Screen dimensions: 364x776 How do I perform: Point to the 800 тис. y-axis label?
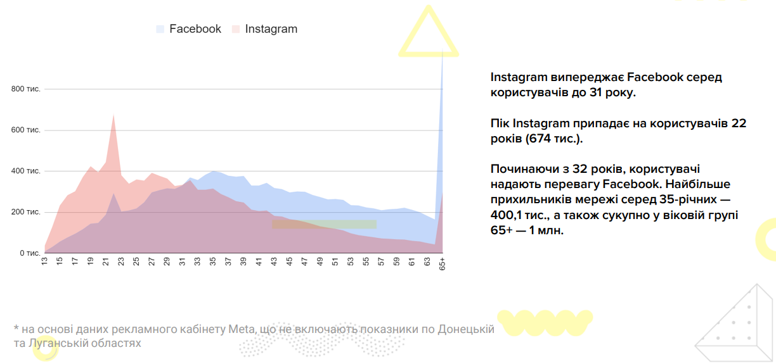[26, 89]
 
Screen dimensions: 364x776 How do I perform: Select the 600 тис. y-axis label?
[26, 130]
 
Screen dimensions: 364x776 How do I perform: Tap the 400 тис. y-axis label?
[26, 171]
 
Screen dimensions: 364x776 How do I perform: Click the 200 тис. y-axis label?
[26, 212]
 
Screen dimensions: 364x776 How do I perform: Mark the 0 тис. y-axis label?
[29, 253]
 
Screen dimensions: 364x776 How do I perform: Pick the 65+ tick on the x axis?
[442, 265]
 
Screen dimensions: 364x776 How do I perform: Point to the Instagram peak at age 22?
[113, 115]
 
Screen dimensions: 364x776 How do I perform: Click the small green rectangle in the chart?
[324, 224]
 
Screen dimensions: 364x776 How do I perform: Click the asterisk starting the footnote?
[16, 329]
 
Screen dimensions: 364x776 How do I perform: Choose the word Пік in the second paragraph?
[500, 123]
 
